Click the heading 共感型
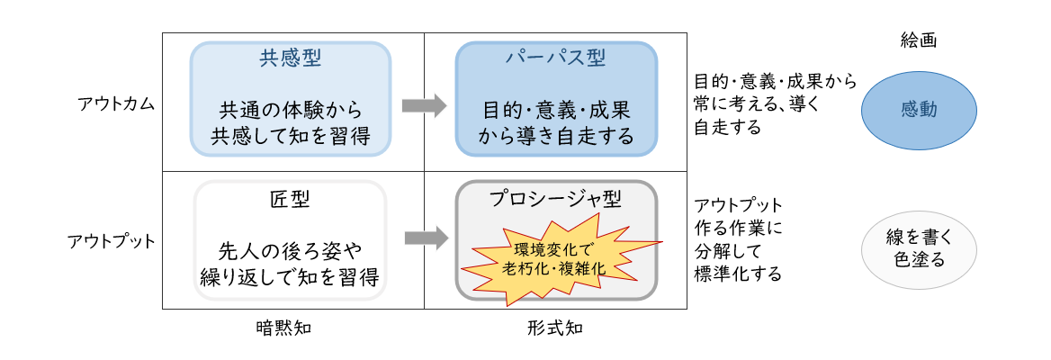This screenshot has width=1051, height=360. [x=291, y=59]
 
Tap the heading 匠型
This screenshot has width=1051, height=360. [x=290, y=199]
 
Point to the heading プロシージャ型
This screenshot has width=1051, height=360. [x=556, y=198]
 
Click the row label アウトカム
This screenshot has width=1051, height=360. [x=117, y=103]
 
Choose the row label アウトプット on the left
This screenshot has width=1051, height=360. [x=112, y=240]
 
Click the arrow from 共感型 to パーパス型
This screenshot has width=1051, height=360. [x=425, y=105]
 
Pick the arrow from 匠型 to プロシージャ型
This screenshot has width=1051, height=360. [x=427, y=238]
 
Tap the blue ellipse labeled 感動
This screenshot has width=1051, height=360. [x=919, y=109]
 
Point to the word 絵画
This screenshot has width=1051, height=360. [x=919, y=40]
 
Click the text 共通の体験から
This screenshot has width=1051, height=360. [x=291, y=109]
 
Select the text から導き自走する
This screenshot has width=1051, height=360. [x=556, y=136]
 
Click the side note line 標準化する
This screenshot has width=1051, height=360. [x=738, y=274]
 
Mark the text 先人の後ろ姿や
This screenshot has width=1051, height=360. [x=291, y=251]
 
